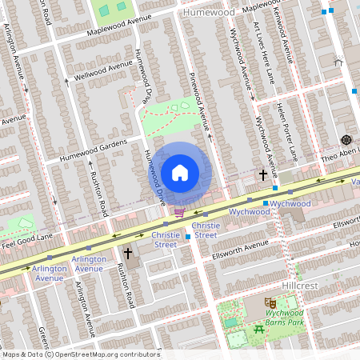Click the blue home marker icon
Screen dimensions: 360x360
point(180,173)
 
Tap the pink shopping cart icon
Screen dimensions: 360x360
point(179,213)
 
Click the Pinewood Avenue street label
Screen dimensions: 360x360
point(198,104)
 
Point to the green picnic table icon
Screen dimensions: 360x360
point(259,329)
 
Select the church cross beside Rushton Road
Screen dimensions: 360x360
point(127,254)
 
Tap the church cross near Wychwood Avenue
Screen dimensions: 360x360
point(262,174)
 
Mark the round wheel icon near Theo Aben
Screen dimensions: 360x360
point(346,139)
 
